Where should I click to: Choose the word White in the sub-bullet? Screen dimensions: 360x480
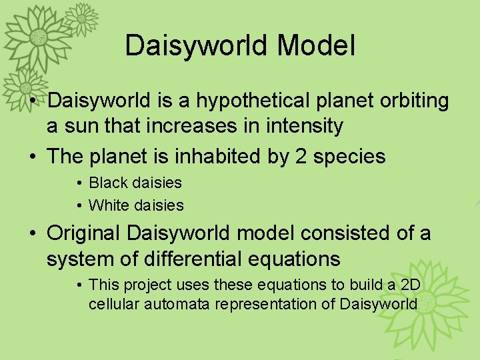click(x=108, y=205)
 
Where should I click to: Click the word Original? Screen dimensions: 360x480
click(x=83, y=234)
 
